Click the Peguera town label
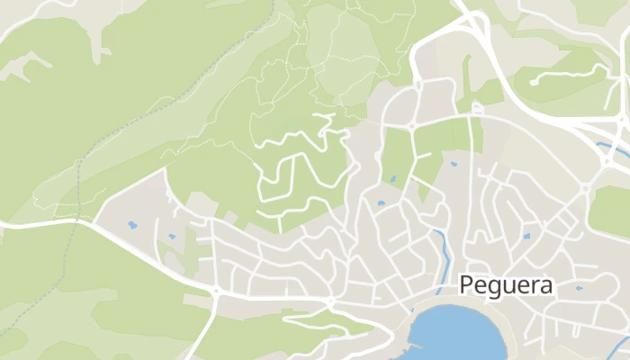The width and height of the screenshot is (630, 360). pos(507,285)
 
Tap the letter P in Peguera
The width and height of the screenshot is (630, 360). pos(465,285)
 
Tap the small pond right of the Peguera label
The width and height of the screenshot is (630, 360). pos(578,289)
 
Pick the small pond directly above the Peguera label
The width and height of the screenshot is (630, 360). pos(526,236)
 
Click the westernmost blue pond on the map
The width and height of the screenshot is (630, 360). pos(133,224)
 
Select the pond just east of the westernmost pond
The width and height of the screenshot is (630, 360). pos(171,237)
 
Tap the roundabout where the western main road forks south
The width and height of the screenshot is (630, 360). pos(216,292)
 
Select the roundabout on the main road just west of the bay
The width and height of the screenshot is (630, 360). pos(331,301)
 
